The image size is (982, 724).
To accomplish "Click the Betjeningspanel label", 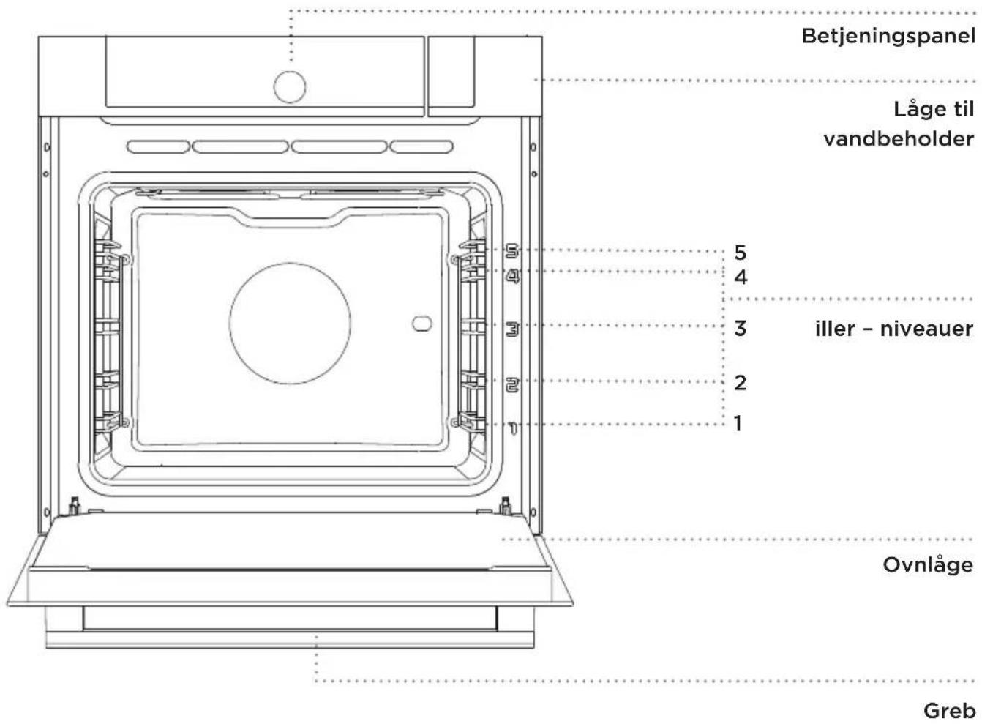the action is (x=889, y=37).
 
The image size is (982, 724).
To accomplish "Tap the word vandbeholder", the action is (x=899, y=139).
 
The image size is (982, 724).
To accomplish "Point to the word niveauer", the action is (x=927, y=329).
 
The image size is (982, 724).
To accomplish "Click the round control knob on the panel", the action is (x=290, y=87).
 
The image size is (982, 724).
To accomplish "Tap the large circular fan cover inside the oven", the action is (x=290, y=323).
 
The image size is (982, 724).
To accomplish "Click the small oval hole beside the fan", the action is (x=421, y=323).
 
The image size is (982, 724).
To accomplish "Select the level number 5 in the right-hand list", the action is (x=740, y=253).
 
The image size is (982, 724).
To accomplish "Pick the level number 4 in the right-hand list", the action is (x=741, y=277).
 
